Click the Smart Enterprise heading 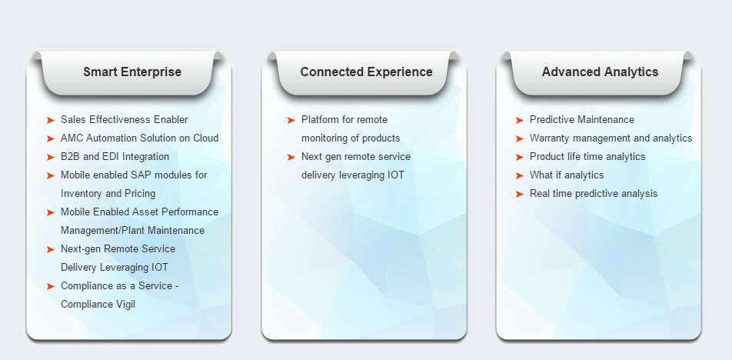coord(132,72)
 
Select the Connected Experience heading coord(367,72)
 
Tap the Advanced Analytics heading coord(600,72)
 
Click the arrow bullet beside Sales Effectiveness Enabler coord(51,121)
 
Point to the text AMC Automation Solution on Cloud coord(140,138)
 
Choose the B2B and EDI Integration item coord(115,156)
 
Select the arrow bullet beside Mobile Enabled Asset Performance coord(51,212)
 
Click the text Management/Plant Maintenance coord(132,231)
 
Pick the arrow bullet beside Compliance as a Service coord(51,286)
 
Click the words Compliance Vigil coord(98,305)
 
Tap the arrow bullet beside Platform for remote coord(291,121)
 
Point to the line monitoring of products coord(351,138)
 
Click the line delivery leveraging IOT coord(353,175)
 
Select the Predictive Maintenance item coord(581,120)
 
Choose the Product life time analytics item coord(587,157)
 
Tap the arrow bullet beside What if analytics coord(520,175)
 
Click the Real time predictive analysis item coord(594,194)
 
